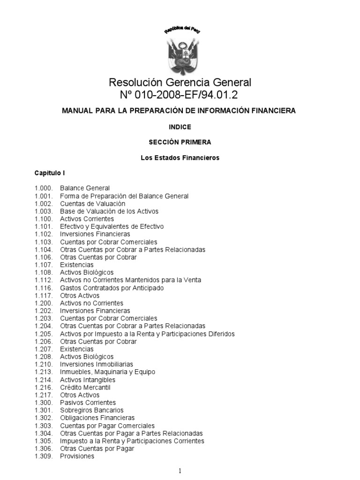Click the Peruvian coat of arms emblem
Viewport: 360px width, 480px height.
[180, 54]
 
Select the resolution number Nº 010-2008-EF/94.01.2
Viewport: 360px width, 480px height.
[180, 96]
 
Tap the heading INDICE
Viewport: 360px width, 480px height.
[180, 127]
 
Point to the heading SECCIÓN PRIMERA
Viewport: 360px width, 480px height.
[180, 142]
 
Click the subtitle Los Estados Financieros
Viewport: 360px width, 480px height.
[180, 157]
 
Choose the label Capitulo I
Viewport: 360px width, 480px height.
[49, 173]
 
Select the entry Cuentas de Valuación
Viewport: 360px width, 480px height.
[92, 204]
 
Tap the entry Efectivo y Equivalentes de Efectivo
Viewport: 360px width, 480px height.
[112, 226]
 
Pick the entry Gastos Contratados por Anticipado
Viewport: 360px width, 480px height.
[112, 288]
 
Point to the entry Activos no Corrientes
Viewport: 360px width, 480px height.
[91, 303]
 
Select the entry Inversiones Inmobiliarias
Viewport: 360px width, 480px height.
[96, 364]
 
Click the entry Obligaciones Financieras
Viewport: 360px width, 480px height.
[97, 418]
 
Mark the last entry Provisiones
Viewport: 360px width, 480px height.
[77, 456]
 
